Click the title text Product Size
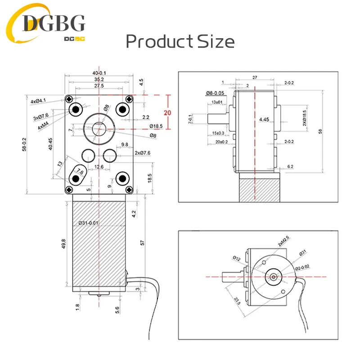point(180,42)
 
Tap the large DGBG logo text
point(54,22)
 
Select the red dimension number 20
point(167,112)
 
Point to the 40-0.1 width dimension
point(99,73)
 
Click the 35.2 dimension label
point(99,79)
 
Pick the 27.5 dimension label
point(99,85)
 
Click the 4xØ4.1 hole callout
point(40,102)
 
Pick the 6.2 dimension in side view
point(290,166)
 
